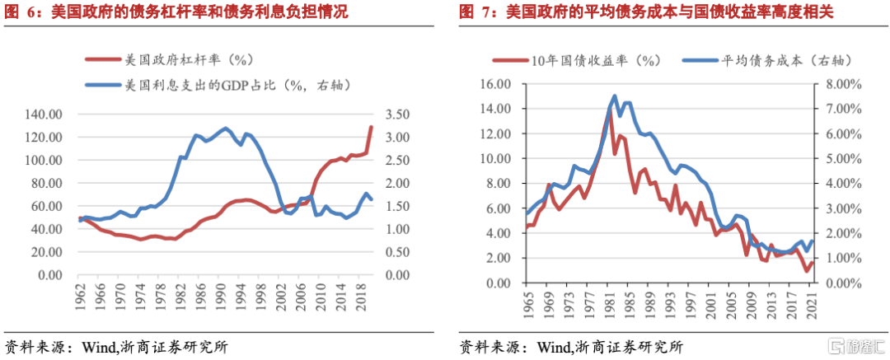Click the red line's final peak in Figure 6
[371, 127]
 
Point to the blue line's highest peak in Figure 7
[614, 96]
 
